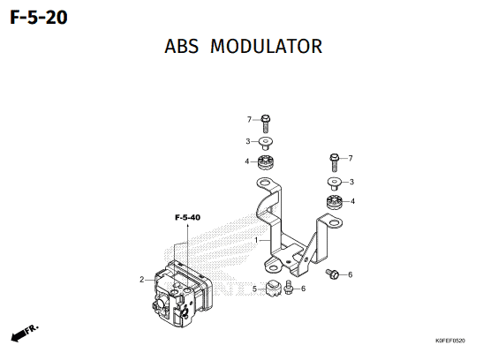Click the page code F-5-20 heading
[x=39, y=18]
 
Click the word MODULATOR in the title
[x=266, y=47]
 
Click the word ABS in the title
[x=181, y=47]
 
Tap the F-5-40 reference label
[x=187, y=218]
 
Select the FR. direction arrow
[x=25, y=333]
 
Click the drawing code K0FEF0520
[x=450, y=341]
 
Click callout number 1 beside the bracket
[x=256, y=240]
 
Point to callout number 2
[x=141, y=280]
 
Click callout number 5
[x=254, y=289]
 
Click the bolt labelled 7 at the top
[x=266, y=124]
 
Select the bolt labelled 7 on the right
[x=335, y=162]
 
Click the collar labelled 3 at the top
[x=265, y=143]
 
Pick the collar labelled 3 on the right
[x=335, y=184]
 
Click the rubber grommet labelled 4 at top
[x=266, y=162]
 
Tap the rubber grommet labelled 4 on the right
[x=335, y=202]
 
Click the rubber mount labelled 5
[x=273, y=289]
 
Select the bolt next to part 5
[x=289, y=287]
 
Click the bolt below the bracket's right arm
[x=332, y=274]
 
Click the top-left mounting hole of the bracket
[x=265, y=184]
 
